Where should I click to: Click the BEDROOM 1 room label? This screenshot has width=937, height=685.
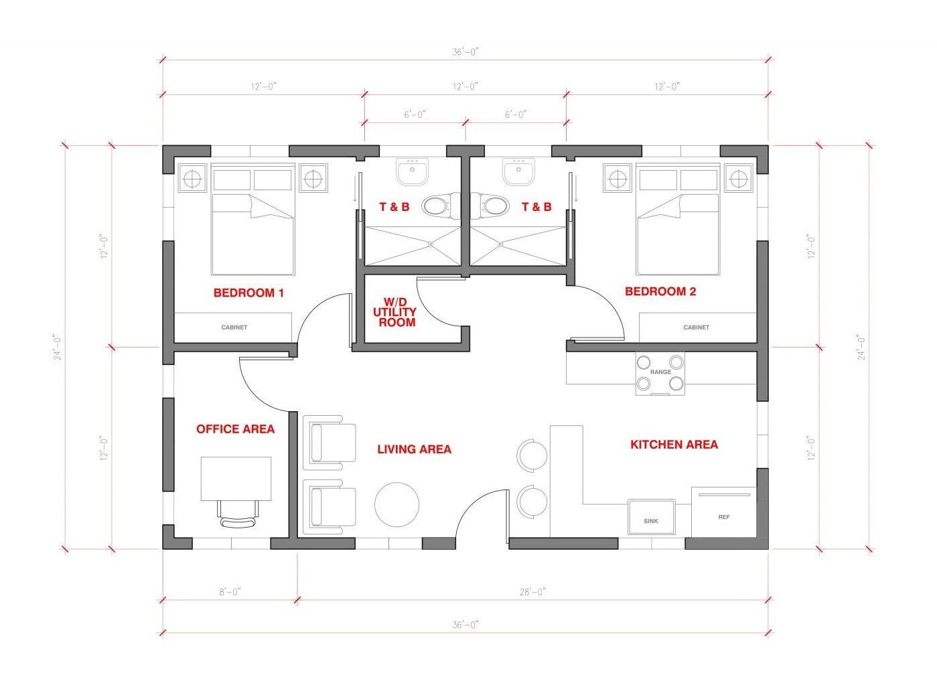click(x=248, y=293)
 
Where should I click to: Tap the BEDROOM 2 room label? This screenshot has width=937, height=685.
click(x=660, y=291)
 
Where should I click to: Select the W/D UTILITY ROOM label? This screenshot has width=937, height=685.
click(x=394, y=312)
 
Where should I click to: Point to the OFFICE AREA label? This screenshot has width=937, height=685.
click(x=235, y=429)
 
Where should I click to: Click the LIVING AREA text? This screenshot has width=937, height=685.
click(x=414, y=449)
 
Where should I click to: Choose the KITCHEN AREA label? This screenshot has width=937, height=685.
click(x=674, y=444)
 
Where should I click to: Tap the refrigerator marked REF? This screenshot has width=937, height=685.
click(x=723, y=512)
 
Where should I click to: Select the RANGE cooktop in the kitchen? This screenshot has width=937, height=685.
click(x=660, y=374)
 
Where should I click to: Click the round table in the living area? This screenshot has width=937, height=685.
click(x=397, y=504)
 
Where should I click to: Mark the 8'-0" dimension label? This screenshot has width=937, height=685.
click(x=230, y=592)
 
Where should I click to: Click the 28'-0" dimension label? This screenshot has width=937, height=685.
click(x=532, y=592)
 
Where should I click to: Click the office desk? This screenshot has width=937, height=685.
click(x=236, y=478)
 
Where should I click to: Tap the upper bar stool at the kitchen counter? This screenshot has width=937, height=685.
click(x=532, y=456)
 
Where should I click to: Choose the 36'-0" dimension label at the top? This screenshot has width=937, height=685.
click(x=465, y=52)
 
